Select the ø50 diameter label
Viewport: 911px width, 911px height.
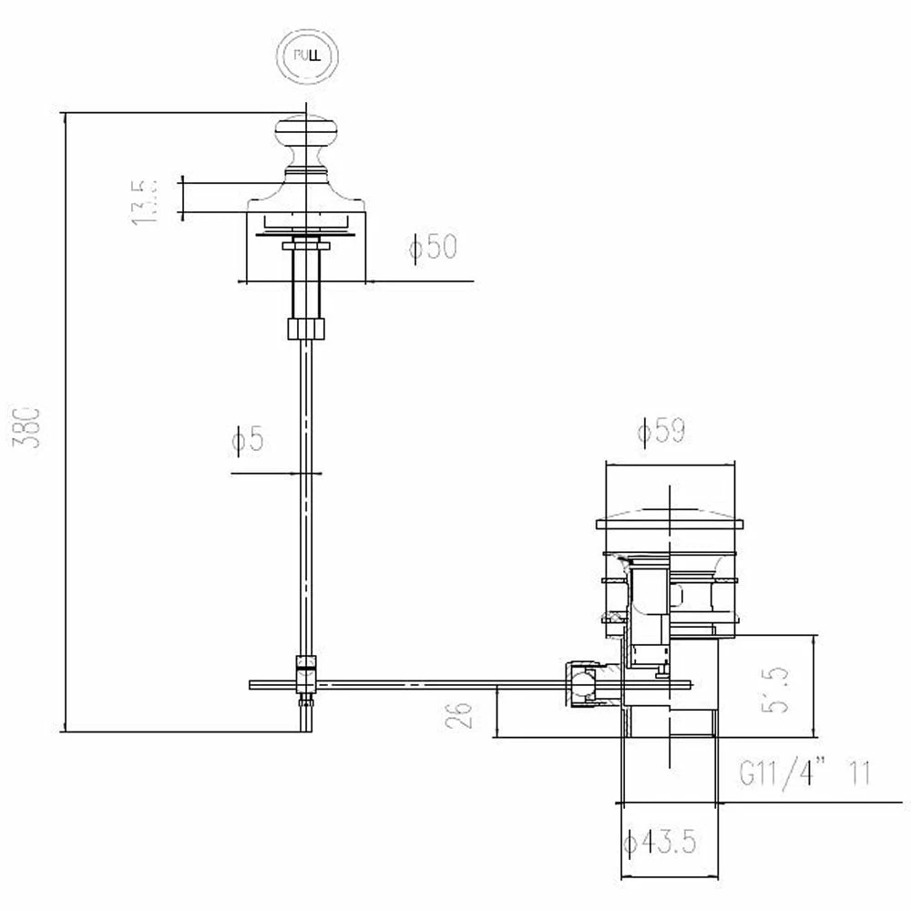tap(432, 248)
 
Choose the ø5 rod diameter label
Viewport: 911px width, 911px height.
tap(247, 441)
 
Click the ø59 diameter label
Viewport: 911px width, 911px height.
tap(661, 431)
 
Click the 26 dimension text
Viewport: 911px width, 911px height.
tap(463, 714)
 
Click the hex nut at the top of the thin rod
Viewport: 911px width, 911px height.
tap(306, 328)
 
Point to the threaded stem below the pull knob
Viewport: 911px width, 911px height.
tap(306, 278)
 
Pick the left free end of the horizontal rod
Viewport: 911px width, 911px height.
tap(255, 684)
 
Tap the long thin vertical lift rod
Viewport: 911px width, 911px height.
tap(306, 501)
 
